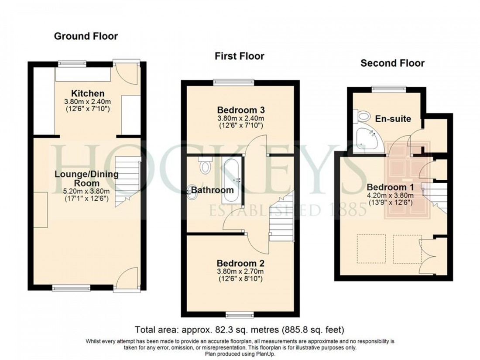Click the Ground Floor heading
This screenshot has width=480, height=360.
86,36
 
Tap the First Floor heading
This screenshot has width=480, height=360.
239,56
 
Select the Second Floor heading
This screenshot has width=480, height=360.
392,63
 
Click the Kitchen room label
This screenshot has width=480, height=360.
88,93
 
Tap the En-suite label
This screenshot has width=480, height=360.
393,118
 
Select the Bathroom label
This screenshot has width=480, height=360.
212,190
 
